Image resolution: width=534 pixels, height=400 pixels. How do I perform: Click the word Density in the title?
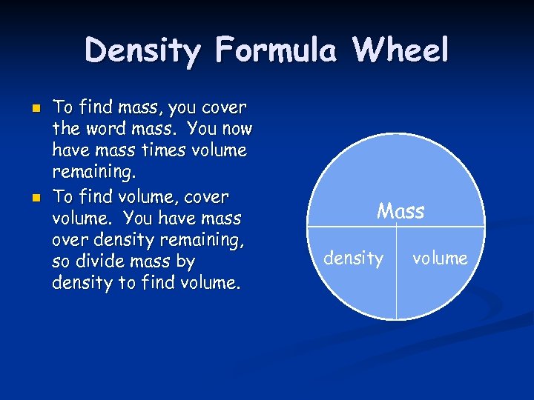pyautogui.click(x=142, y=51)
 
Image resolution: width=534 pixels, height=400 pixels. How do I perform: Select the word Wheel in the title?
pyautogui.click(x=400, y=51)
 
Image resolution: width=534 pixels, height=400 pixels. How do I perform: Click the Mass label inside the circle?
pyautogui.click(x=400, y=212)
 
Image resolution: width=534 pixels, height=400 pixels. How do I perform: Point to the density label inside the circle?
pyautogui.click(x=354, y=259)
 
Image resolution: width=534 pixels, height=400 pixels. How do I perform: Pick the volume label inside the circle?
pyautogui.click(x=440, y=259)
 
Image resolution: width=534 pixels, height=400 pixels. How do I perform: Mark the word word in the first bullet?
pyautogui.click(x=108, y=130)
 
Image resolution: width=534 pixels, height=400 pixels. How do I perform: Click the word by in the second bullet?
pyautogui.click(x=185, y=261)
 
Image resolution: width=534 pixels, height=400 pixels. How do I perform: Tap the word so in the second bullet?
pyautogui.click(x=62, y=261)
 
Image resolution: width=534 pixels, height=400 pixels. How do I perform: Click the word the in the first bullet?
pyautogui.click(x=65, y=130)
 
